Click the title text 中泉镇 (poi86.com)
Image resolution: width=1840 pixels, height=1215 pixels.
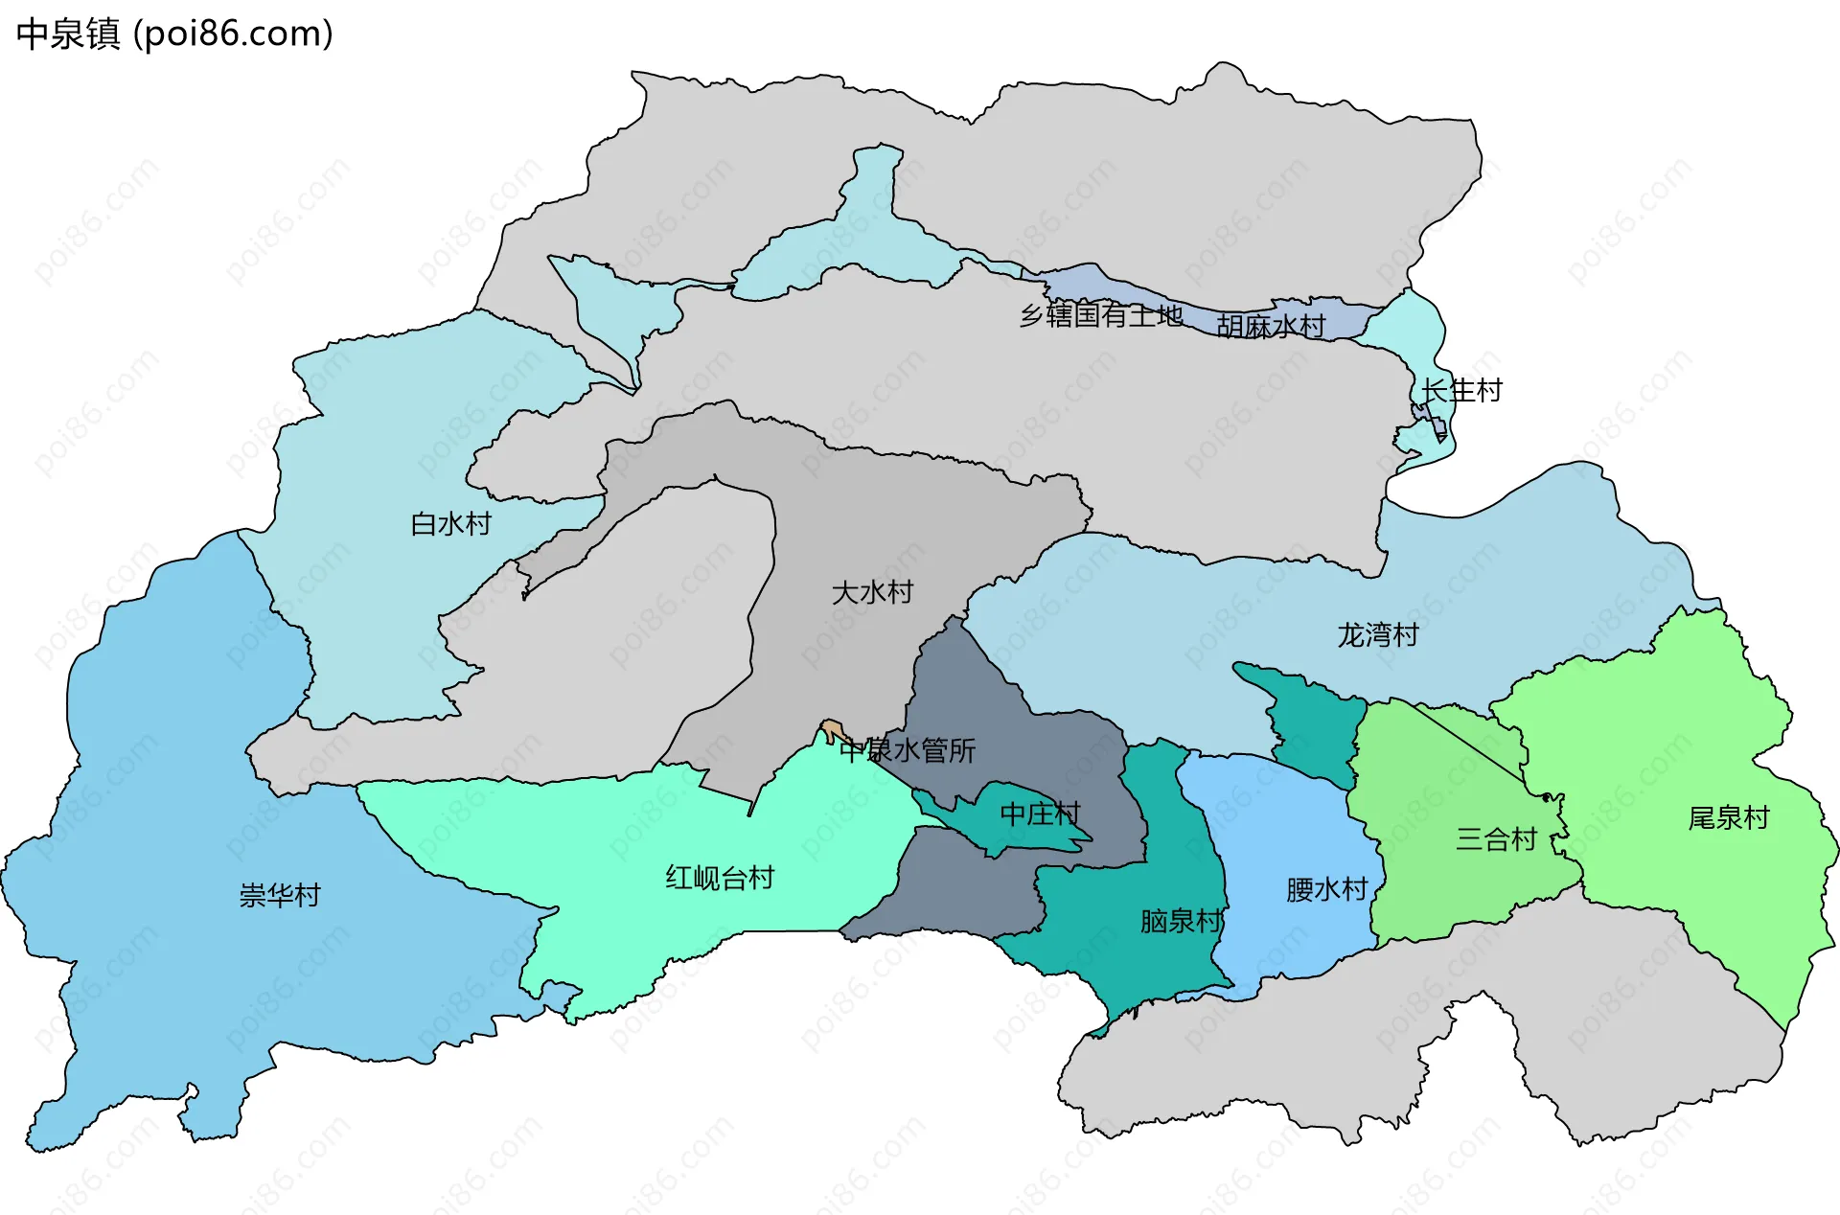click(x=174, y=34)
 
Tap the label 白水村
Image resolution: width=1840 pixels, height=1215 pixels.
click(x=450, y=524)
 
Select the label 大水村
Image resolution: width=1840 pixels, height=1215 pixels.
click(x=872, y=592)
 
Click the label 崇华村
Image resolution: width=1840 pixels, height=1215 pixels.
click(x=279, y=896)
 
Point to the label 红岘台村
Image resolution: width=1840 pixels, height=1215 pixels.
click(x=720, y=878)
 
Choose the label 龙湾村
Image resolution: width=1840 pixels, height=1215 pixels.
click(x=1377, y=635)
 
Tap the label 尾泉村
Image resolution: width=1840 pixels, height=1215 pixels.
click(x=1728, y=818)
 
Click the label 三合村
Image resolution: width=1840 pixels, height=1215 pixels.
click(x=1496, y=839)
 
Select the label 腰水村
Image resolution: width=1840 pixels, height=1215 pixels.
click(x=1326, y=890)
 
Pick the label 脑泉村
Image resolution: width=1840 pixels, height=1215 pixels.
click(x=1181, y=922)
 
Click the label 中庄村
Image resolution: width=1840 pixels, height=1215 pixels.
click(x=1040, y=814)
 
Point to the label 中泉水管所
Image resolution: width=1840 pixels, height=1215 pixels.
click(x=908, y=750)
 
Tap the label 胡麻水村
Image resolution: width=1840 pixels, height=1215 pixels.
click(x=1270, y=327)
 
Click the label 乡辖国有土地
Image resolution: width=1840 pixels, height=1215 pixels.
click(x=1100, y=315)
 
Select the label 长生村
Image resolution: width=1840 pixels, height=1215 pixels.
click(x=1461, y=391)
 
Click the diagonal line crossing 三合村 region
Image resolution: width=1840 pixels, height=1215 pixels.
click(x=1466, y=743)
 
